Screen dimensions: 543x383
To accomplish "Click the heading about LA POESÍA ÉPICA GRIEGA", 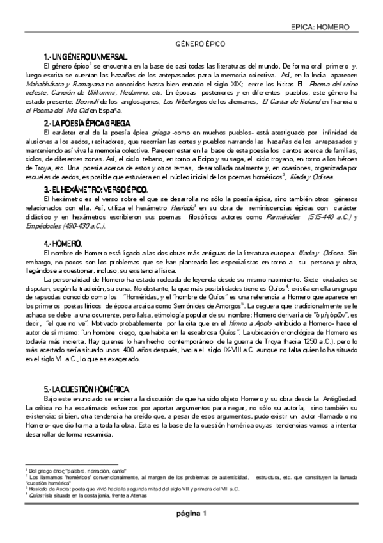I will pos(90,122).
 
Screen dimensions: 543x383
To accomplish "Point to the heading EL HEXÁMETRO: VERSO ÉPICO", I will pos(96,190).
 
